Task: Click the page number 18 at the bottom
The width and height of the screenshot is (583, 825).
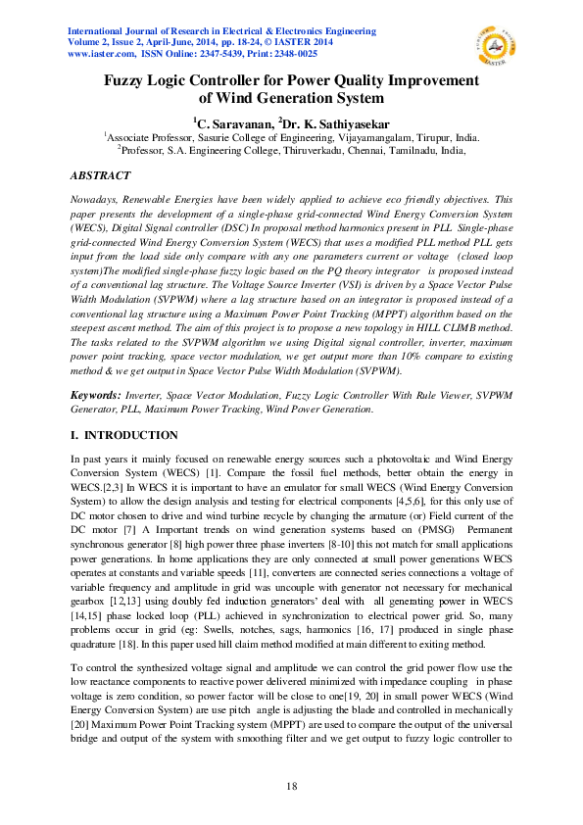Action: click(x=291, y=787)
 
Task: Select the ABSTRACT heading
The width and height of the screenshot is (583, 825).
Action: click(x=101, y=175)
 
